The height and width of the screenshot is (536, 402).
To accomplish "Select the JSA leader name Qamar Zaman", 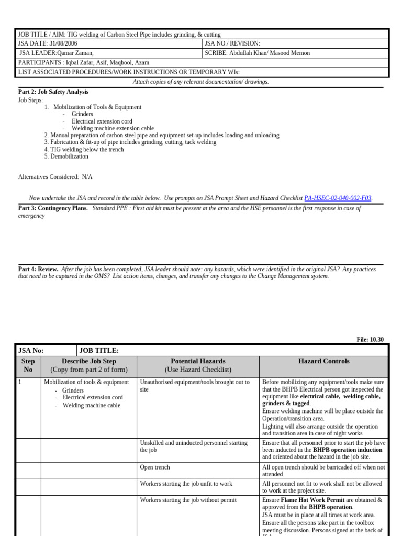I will [x=71, y=53].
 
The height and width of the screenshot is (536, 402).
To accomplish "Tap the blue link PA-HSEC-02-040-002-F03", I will [x=338, y=198].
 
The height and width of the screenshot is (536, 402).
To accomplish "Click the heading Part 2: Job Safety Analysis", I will [x=53, y=92].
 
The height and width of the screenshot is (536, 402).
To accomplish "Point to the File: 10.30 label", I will [x=370, y=340].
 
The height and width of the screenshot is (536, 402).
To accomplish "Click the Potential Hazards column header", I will [x=198, y=361].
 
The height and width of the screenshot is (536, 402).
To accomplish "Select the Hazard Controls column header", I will [x=323, y=361].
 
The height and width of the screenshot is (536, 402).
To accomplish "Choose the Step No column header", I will [x=28, y=365].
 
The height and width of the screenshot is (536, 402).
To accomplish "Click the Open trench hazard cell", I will [x=155, y=467].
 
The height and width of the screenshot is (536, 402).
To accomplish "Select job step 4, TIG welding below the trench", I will [x=84, y=149].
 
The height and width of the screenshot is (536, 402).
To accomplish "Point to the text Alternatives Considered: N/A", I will [x=55, y=177].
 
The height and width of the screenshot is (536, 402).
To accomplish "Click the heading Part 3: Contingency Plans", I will [x=53, y=208].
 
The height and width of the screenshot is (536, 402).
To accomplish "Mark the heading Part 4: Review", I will [x=38, y=269].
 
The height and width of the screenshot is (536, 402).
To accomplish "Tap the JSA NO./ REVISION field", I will [x=232, y=44].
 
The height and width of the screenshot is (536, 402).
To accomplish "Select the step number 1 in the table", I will [x=20, y=382].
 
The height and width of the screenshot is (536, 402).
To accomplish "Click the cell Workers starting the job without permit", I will [x=188, y=500].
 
